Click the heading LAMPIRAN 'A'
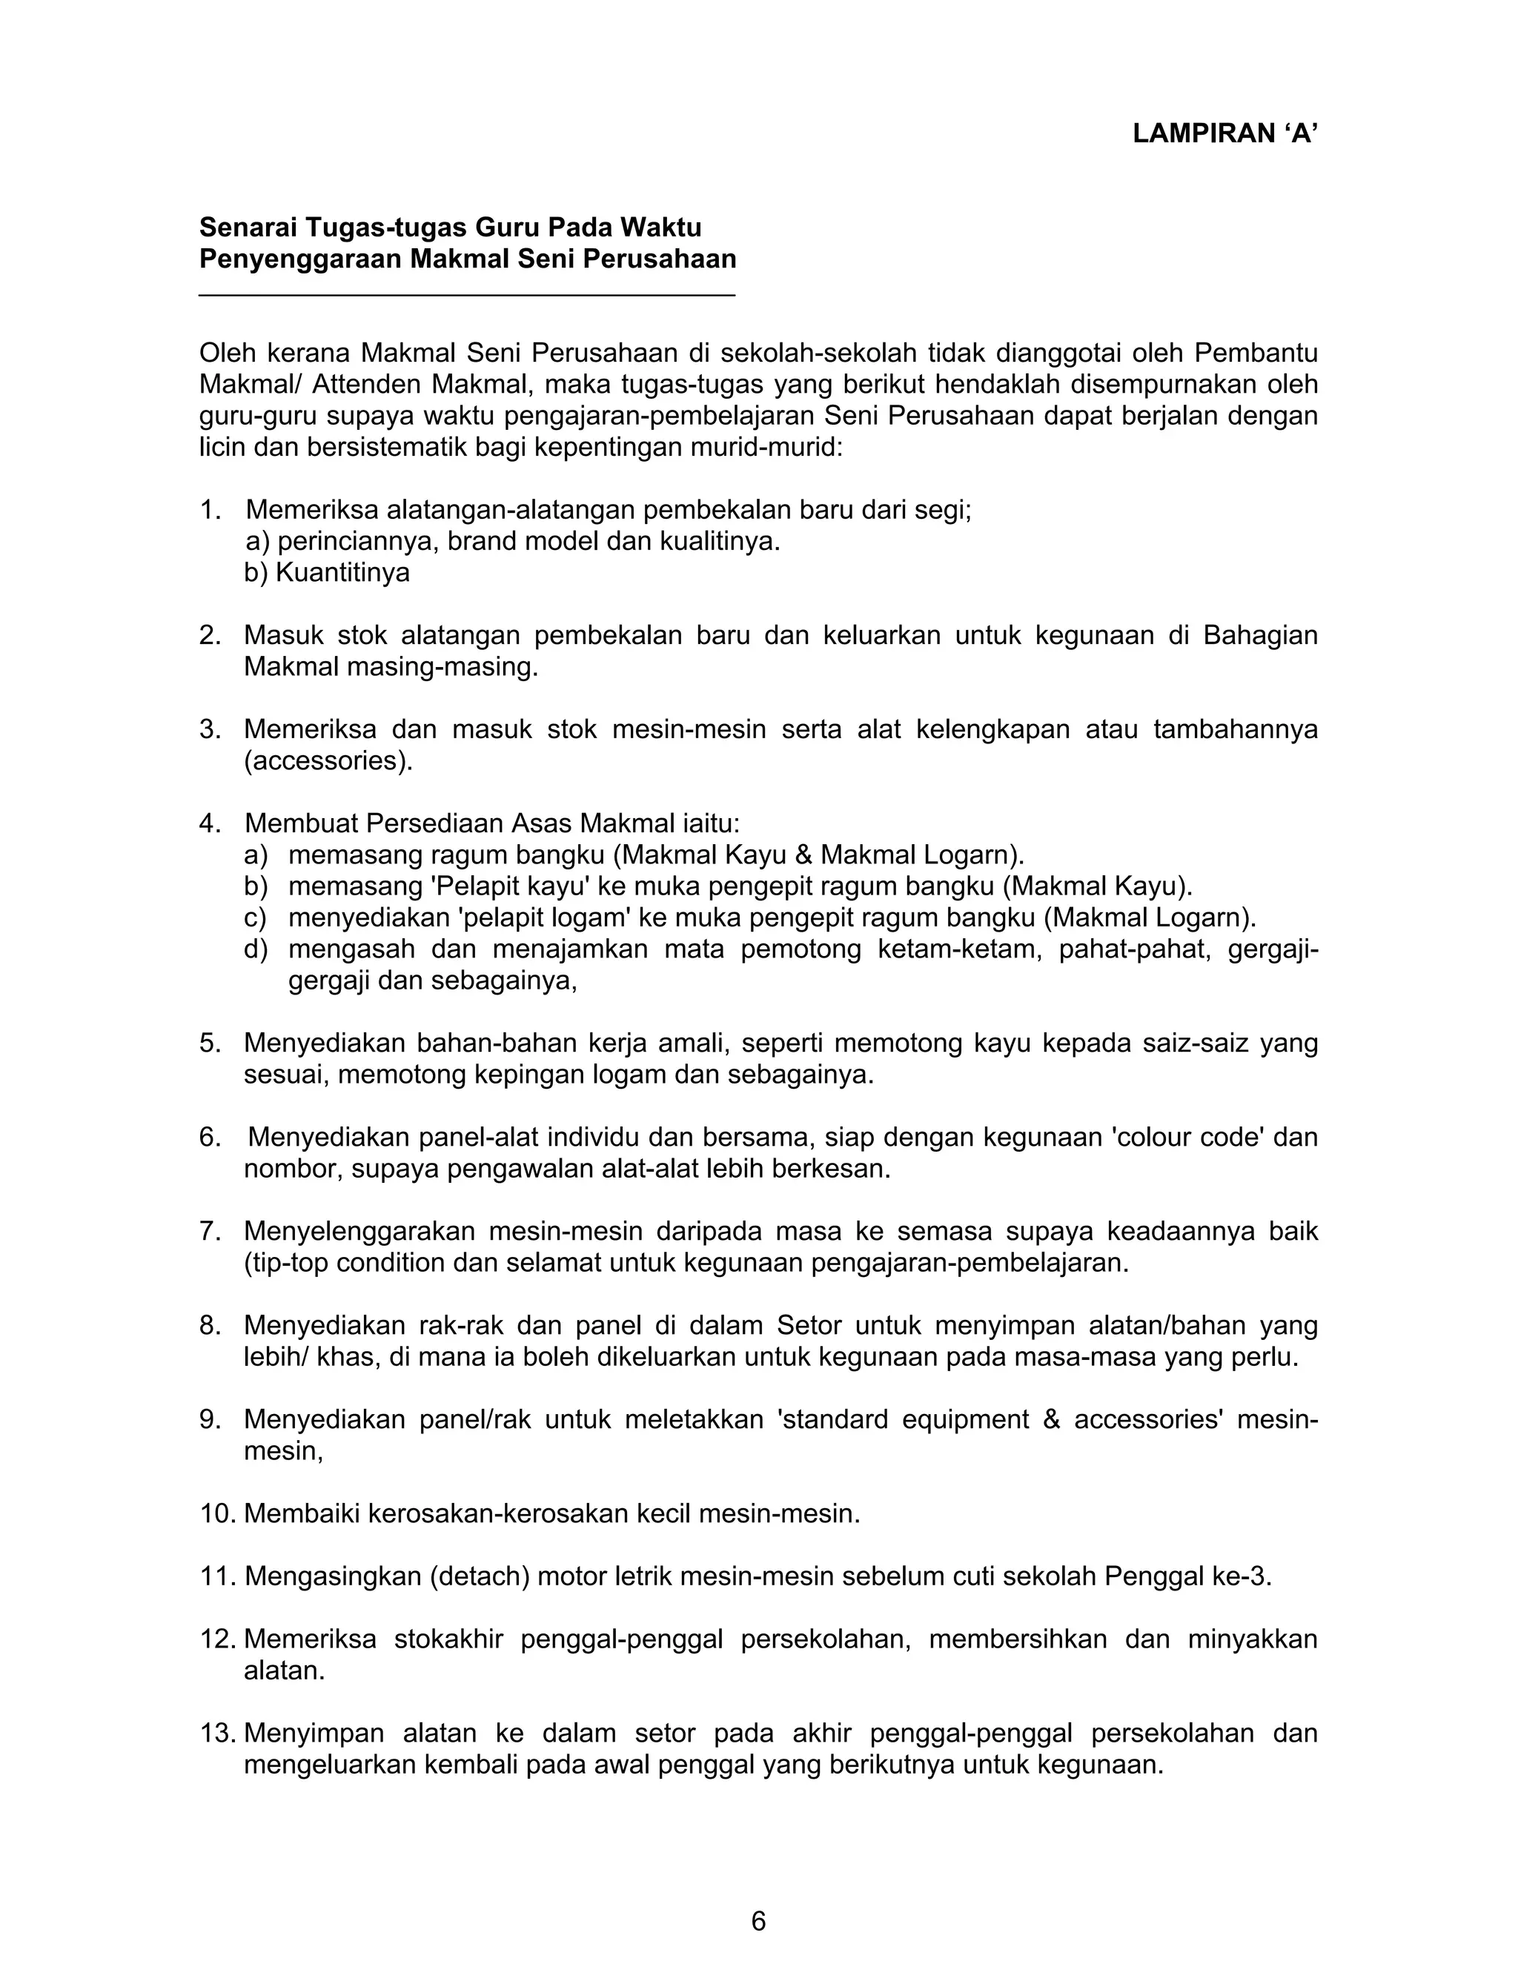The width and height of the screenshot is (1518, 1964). pyautogui.click(x=1224, y=134)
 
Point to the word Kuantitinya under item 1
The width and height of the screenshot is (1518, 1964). pyautogui.click(x=342, y=573)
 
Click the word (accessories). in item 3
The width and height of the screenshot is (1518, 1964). pyautogui.click(x=328, y=761)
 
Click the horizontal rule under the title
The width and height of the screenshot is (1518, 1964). pyautogui.click(x=467, y=295)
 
